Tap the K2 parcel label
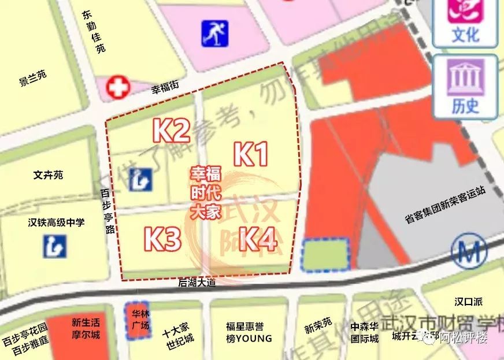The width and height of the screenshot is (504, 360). (171, 131)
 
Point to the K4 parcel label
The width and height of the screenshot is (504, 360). (257, 238)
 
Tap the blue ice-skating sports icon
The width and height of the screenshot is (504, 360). (214, 34)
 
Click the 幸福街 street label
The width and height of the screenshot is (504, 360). (165, 88)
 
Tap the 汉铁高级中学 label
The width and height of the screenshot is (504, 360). (55, 222)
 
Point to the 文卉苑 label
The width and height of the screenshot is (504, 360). (48, 174)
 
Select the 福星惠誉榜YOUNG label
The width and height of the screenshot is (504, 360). (249, 332)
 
